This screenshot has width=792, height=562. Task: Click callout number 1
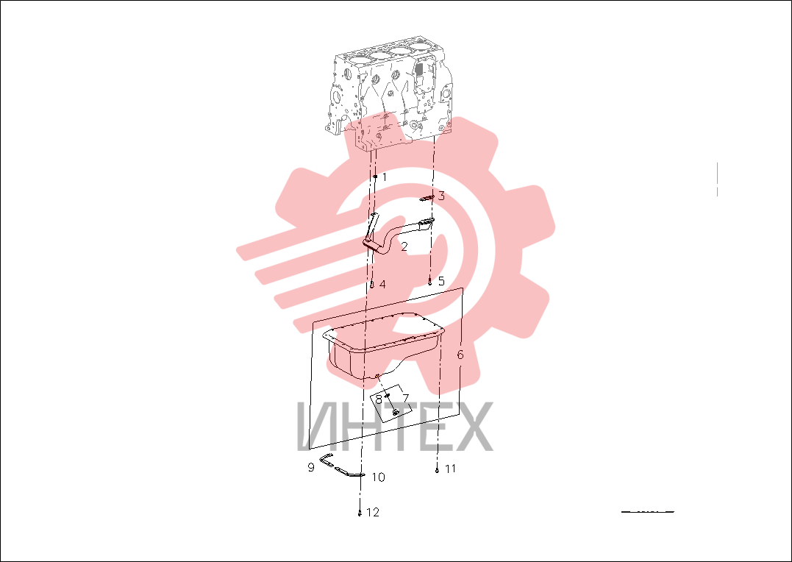(385, 177)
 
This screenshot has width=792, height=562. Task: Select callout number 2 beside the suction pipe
(404, 246)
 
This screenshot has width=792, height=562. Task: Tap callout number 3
(441, 196)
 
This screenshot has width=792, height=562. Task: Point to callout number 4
(382, 285)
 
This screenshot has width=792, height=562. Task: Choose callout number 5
(441, 281)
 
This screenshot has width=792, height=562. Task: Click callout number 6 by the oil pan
(460, 355)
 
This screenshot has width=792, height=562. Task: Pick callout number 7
(406, 398)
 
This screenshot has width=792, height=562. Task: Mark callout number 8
(378, 399)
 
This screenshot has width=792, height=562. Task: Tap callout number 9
(311, 468)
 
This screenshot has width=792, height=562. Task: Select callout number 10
(378, 477)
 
